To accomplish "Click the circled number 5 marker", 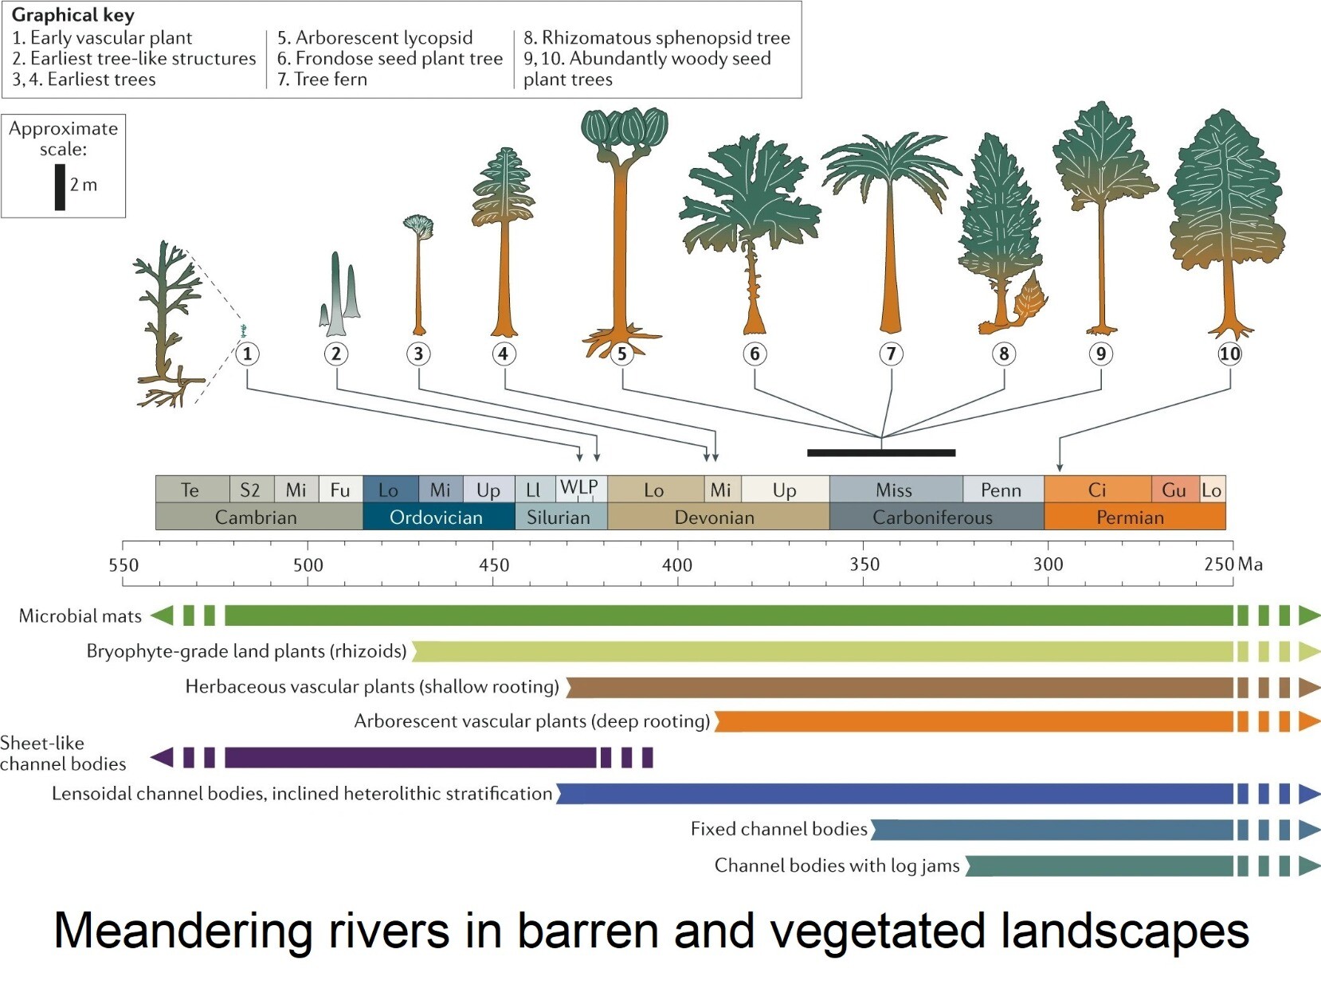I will pos(622,353).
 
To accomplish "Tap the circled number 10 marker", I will pos(1229,353).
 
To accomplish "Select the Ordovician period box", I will pos(437,518).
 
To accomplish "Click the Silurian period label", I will pos(559,518).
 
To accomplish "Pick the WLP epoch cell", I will pos(579,488).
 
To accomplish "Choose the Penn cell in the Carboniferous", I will pos(1002,490).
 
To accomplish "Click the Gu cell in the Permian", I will pos(1174,490).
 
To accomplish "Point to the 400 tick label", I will pos(677,565).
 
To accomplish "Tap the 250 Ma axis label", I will pos(1233,564).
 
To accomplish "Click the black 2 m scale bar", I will pos(60,187).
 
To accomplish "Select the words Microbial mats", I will pos(80,615).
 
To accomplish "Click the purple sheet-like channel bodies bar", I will pos(410,757).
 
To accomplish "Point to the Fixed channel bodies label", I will pos(778,829).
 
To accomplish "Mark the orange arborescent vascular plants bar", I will pos(972,721).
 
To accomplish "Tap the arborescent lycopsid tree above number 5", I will pos(621,223).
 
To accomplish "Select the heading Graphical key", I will pos(73,15).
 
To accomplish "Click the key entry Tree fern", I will pos(322,79).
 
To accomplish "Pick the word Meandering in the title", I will pos(182,931).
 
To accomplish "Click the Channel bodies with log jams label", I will pos(837,865).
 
